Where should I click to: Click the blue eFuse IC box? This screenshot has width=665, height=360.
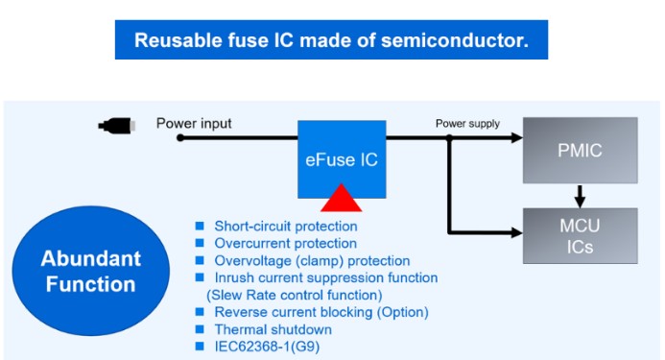(342, 159)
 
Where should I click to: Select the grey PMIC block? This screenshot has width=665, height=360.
(580, 151)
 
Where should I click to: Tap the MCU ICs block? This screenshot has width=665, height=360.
(580, 236)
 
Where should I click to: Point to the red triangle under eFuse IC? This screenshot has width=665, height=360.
(342, 198)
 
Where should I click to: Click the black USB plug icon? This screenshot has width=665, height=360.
(117, 126)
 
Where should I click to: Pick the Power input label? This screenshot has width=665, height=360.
(194, 124)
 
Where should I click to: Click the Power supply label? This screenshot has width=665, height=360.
(467, 124)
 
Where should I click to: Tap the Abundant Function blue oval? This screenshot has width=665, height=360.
(91, 271)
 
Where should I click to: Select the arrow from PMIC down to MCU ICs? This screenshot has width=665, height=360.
(580, 196)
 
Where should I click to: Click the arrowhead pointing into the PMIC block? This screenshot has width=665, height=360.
(517, 137)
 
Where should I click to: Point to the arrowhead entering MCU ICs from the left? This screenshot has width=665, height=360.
(517, 232)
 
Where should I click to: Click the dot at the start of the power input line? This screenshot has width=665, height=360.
(180, 137)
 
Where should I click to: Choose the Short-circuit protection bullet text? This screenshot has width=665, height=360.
(286, 227)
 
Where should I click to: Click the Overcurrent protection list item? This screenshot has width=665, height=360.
(285, 243)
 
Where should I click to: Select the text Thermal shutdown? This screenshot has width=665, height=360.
(273, 329)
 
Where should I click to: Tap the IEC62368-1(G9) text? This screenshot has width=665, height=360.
(267, 347)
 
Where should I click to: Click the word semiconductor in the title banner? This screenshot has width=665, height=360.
(455, 40)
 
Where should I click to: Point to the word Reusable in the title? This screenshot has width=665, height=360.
(178, 40)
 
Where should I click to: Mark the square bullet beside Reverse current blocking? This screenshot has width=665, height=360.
(200, 312)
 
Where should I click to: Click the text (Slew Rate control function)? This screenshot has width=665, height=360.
(295, 295)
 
